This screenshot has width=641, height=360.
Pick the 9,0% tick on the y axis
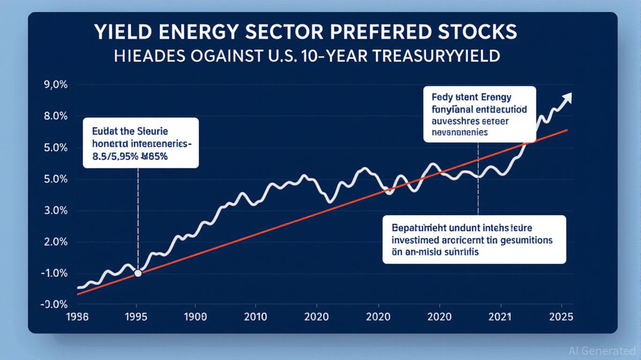click(55, 85)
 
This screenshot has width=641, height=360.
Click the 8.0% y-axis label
click(55, 116)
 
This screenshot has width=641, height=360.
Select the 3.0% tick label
click(55, 210)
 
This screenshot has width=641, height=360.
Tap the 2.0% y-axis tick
click(55, 242)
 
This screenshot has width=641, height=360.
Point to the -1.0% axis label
click(54, 273)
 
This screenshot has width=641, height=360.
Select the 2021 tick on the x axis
click(500, 317)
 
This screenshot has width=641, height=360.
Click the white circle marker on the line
click(138, 273)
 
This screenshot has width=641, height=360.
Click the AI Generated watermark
click(602, 350)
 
